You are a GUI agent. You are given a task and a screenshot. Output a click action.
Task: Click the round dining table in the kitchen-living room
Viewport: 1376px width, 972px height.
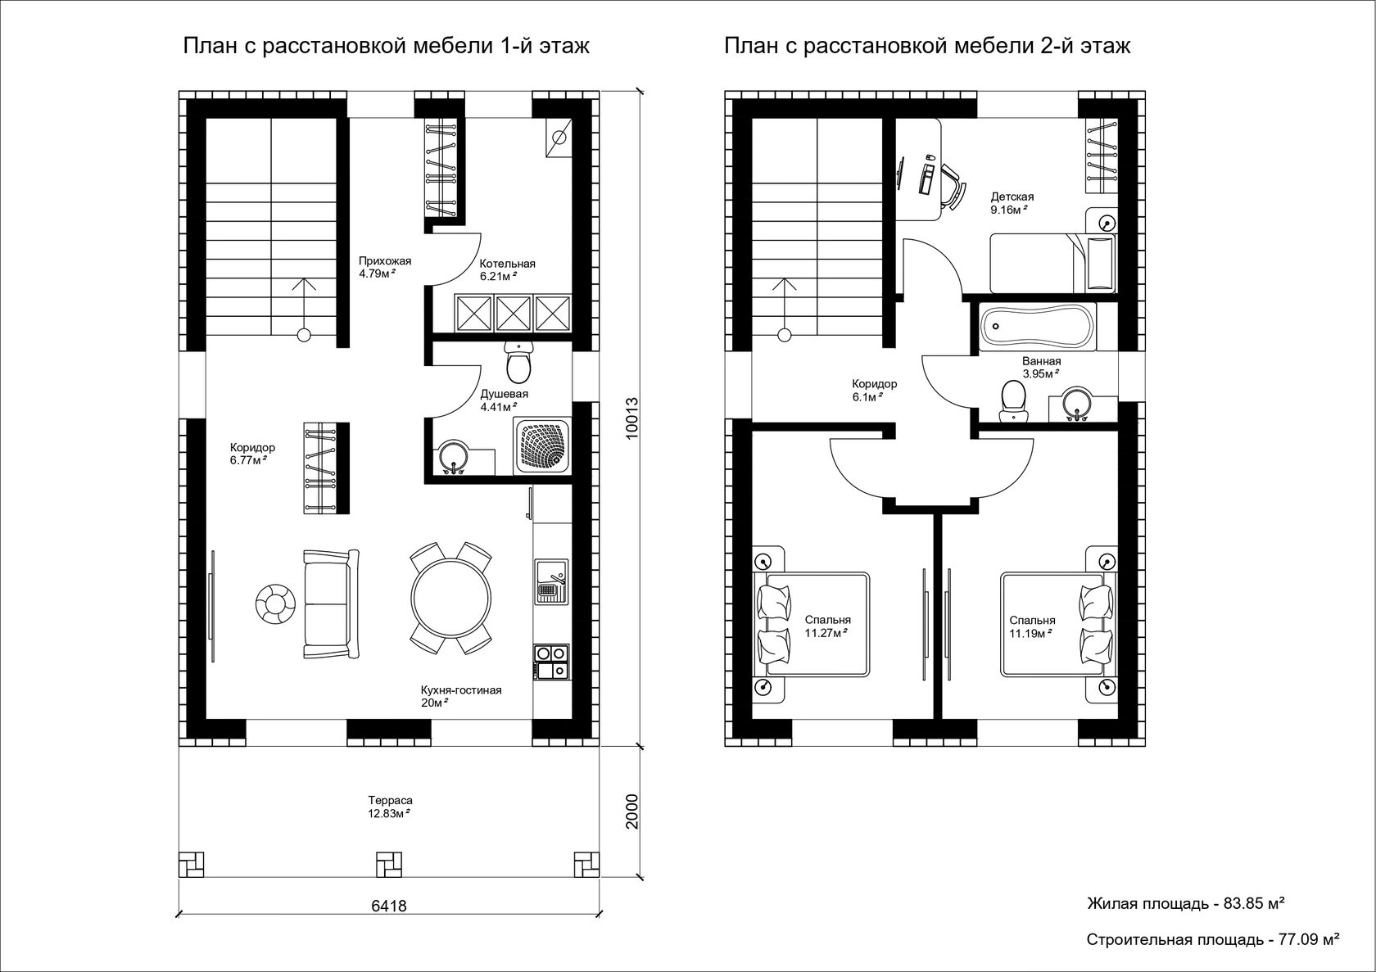click(450, 598)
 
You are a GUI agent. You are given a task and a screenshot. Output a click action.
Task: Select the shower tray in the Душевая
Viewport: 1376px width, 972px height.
click(542, 445)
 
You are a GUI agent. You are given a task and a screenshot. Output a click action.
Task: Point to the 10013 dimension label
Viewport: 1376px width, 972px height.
click(632, 418)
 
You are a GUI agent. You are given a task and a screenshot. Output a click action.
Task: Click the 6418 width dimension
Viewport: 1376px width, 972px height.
click(389, 906)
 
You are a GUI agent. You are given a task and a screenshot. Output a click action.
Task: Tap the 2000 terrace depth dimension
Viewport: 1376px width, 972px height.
click(632, 812)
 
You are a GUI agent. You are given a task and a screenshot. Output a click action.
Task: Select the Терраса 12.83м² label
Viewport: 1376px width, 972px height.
click(390, 807)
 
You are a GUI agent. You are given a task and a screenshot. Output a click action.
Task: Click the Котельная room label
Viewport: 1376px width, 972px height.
click(508, 264)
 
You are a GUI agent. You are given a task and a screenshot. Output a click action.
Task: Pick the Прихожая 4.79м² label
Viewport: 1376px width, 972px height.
click(385, 267)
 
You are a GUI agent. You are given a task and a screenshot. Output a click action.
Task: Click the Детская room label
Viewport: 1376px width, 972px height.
click(1012, 197)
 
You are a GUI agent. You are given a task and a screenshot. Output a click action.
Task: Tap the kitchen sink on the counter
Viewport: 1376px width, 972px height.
click(552, 581)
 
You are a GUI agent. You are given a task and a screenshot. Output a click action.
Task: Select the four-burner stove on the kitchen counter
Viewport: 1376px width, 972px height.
click(552, 662)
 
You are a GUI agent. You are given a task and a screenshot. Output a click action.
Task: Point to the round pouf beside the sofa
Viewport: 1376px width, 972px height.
click(275, 604)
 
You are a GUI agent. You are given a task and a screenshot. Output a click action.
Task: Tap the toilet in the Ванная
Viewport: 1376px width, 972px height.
click(1014, 401)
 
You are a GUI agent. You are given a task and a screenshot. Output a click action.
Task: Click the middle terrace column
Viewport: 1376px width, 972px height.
click(389, 865)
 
